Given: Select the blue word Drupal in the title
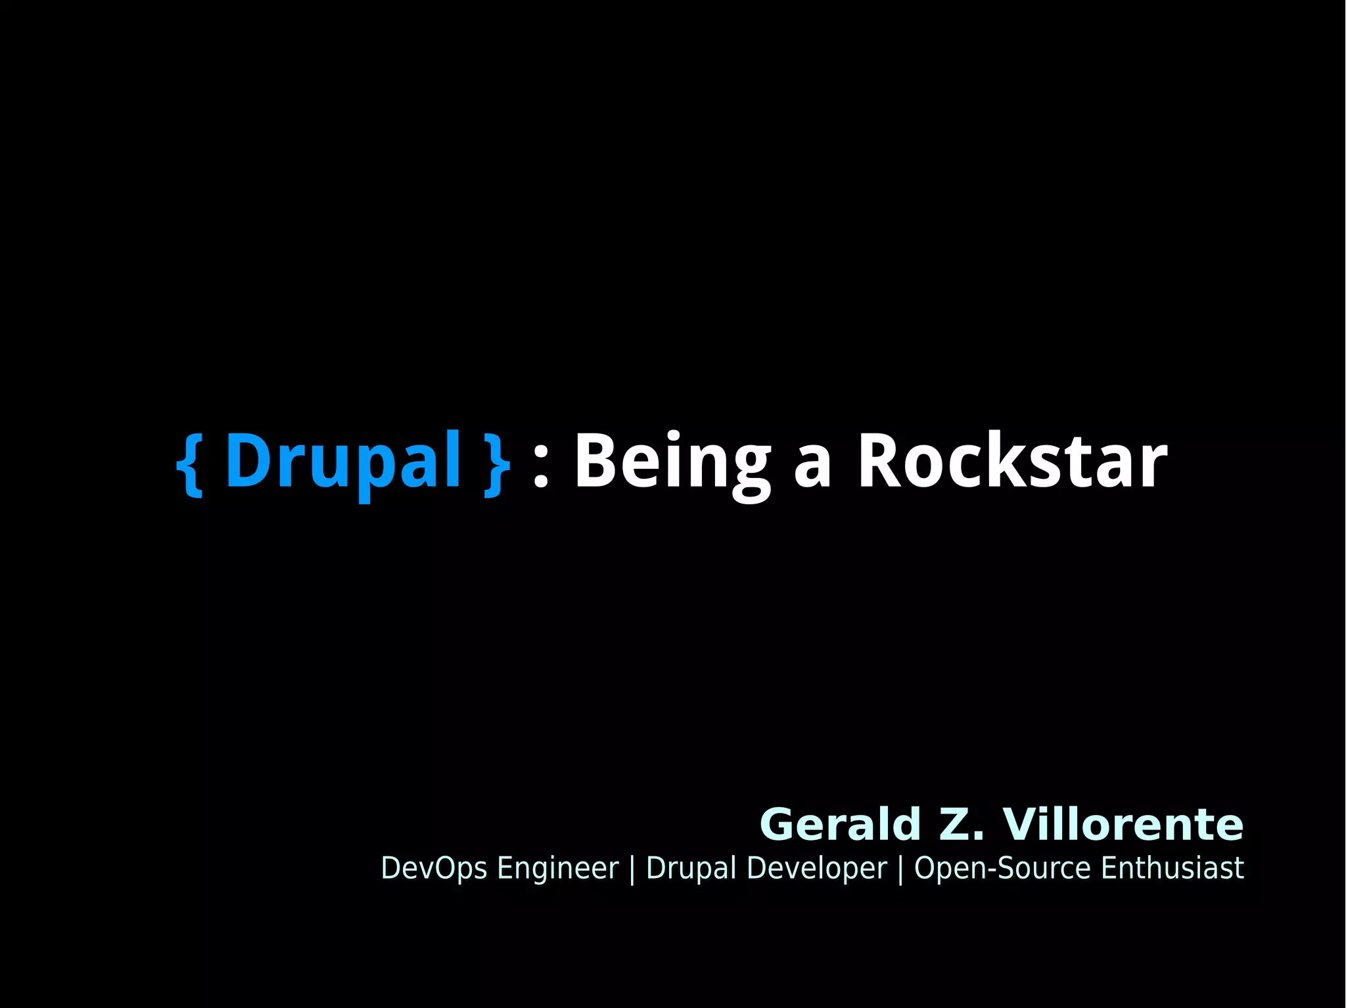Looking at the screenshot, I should (x=343, y=462).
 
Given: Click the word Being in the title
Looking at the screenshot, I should (x=672, y=462).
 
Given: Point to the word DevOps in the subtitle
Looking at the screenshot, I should (x=434, y=868).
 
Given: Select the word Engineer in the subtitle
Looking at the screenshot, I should (x=558, y=868).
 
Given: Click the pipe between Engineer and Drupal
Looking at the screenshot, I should (x=632, y=869).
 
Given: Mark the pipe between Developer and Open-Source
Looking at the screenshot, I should (x=900, y=869).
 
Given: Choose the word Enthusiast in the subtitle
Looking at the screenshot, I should (x=1172, y=868).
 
